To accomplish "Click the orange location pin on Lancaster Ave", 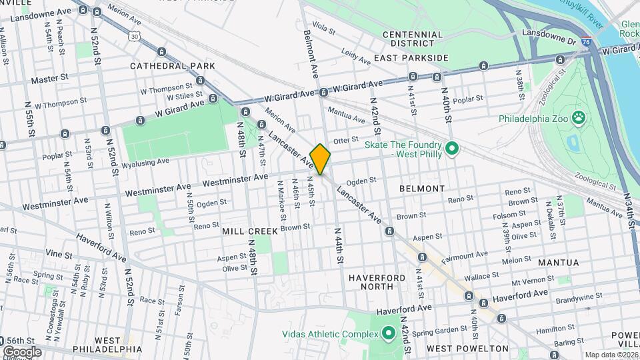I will pos(321,159).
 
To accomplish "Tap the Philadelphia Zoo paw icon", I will pos(579,118).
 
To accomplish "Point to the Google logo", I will pos(22,351).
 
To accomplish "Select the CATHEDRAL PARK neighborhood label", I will pos(173,66).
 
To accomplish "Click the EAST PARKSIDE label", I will pos(411,58).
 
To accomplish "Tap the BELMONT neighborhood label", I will pos(421,189).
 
